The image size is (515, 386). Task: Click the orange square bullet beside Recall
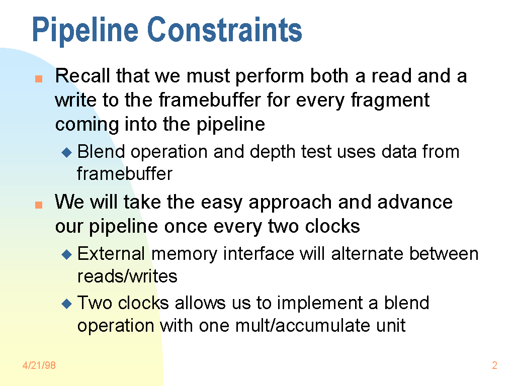point(39,79)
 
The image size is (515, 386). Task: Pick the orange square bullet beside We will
point(39,205)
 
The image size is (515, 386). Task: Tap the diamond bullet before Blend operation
point(67,152)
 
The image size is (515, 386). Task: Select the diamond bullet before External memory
point(67,254)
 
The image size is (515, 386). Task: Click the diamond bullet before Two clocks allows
point(67,304)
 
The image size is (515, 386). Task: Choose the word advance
point(415,202)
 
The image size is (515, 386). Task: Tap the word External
point(111,254)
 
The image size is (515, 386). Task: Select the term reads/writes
point(127,276)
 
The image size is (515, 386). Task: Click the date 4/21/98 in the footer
point(39,365)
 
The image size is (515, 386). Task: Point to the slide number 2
point(495,365)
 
